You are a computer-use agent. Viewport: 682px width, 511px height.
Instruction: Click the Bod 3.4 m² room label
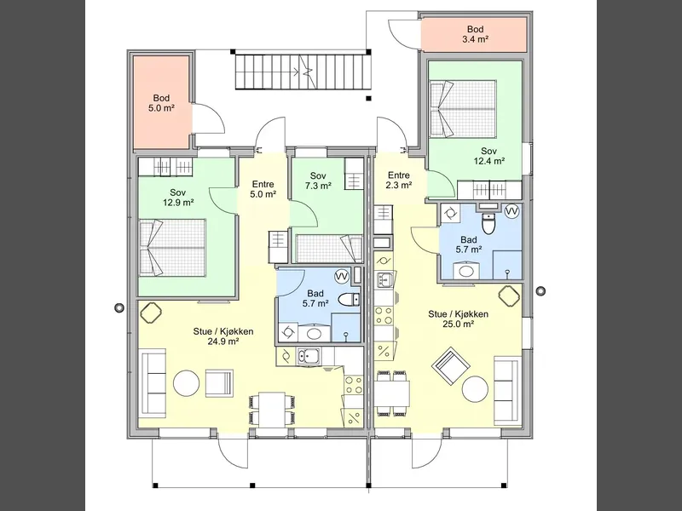click(475, 34)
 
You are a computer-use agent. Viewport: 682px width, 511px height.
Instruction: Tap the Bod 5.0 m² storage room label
click(161, 103)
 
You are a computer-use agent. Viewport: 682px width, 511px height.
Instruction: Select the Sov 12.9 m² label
click(178, 198)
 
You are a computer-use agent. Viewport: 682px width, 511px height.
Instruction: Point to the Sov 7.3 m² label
click(318, 181)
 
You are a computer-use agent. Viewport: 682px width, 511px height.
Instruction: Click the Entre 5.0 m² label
click(263, 189)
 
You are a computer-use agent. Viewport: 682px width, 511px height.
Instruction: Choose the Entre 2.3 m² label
click(399, 181)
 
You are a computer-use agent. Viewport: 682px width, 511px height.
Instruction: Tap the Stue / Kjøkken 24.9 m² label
click(223, 336)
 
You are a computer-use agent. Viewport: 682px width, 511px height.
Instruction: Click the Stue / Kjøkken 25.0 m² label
click(458, 319)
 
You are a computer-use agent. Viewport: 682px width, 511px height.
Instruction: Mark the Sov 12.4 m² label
click(488, 156)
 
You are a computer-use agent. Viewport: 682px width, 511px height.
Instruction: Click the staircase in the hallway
click(303, 72)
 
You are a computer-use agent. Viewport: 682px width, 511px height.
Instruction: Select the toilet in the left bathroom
click(349, 300)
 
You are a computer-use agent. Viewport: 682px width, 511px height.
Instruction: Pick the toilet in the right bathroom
click(489, 223)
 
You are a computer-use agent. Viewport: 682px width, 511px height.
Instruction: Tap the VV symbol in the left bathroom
click(342, 276)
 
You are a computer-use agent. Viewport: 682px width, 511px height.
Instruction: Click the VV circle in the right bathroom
click(512, 211)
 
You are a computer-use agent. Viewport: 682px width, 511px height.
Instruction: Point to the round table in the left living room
click(186, 383)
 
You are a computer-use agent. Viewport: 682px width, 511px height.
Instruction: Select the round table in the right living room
click(475, 389)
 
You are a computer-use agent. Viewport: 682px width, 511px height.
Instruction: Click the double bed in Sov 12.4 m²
click(463, 109)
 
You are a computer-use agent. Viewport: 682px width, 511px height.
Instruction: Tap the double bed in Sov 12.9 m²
click(172, 247)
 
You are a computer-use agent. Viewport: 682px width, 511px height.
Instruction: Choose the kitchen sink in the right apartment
click(384, 280)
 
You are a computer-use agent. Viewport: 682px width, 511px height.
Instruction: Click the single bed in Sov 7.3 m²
click(329, 249)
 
